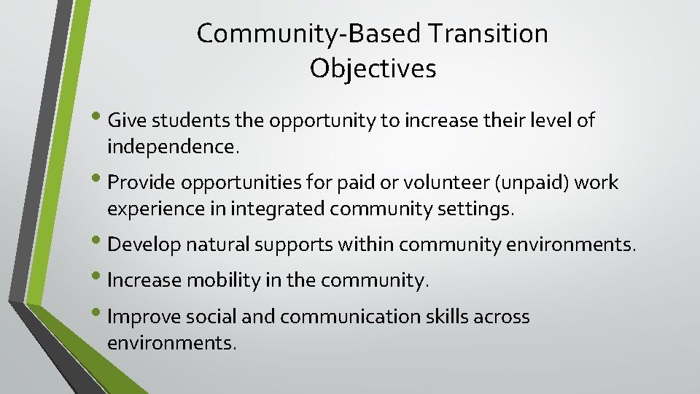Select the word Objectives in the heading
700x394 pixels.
pos(373,69)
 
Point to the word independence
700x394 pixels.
pos(172,147)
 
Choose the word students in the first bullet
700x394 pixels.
pos(184,120)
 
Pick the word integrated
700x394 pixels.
pos(278,210)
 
